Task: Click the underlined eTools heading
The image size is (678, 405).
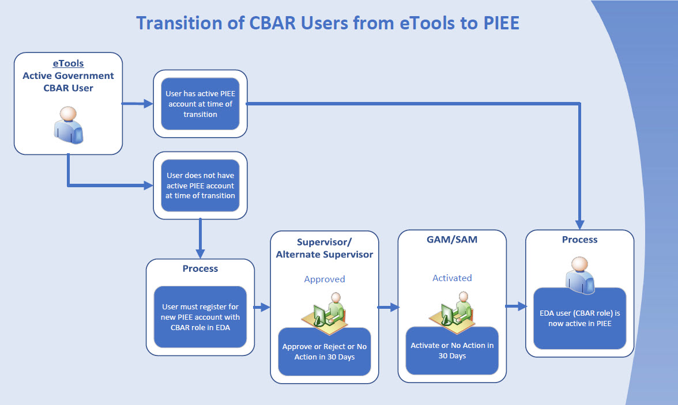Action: (68, 63)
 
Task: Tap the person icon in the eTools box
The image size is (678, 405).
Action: (69, 125)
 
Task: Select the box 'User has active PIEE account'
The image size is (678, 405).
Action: (200, 104)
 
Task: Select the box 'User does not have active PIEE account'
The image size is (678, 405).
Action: (200, 186)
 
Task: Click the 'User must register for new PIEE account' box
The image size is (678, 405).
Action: (200, 317)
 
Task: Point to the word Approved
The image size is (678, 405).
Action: (325, 279)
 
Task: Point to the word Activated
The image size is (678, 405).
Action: (452, 278)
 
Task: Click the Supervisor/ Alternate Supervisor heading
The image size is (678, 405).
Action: (325, 248)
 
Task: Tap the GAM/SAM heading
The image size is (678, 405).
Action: (452, 239)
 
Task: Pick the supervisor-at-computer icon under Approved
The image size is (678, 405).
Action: (325, 311)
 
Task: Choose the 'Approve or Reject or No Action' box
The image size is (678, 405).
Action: (325, 351)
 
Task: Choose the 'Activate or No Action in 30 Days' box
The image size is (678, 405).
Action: (452, 350)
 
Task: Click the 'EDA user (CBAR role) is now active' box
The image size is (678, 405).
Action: (580, 318)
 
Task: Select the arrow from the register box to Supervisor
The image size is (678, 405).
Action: (262, 308)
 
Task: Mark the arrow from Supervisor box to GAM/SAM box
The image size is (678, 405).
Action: (389, 308)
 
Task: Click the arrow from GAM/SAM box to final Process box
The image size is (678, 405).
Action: (516, 306)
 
